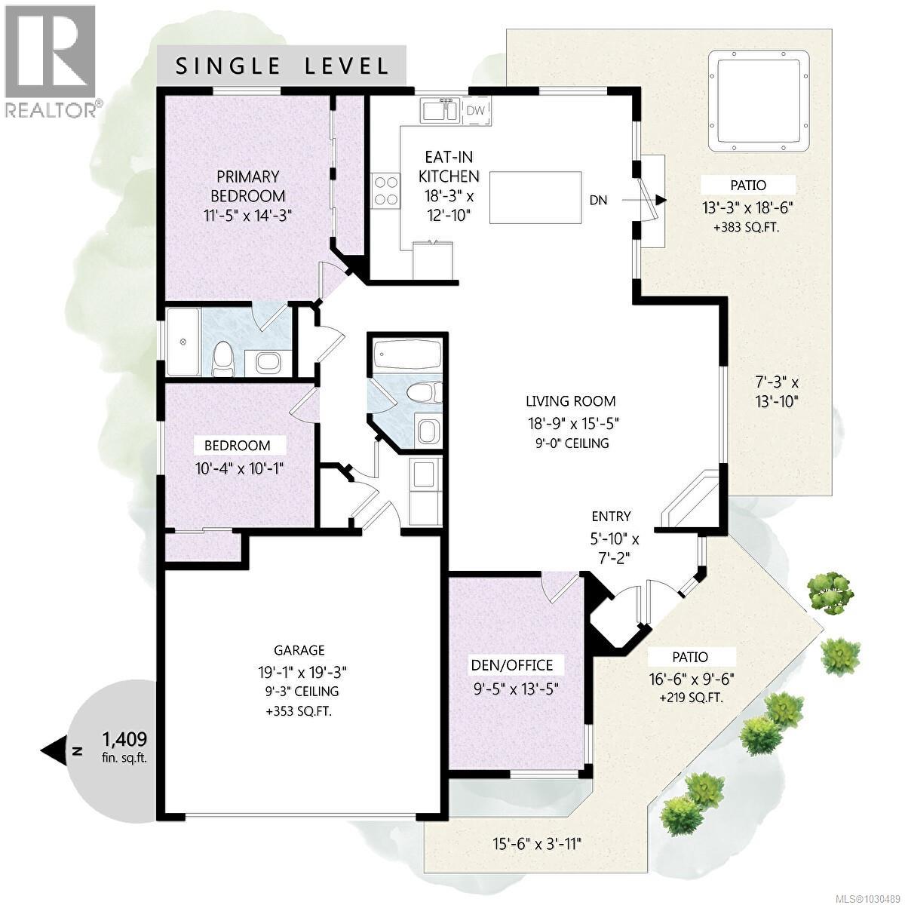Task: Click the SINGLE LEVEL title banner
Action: point(282,66)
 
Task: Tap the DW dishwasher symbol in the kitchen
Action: point(475,111)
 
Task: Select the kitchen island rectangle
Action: point(535,198)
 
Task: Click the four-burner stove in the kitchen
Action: point(385,190)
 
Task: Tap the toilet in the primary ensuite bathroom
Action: point(223,358)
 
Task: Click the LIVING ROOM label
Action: point(571,401)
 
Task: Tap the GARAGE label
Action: point(299,650)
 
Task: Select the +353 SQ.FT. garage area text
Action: point(299,711)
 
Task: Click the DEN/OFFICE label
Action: point(512,665)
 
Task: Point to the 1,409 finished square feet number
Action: point(124,738)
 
